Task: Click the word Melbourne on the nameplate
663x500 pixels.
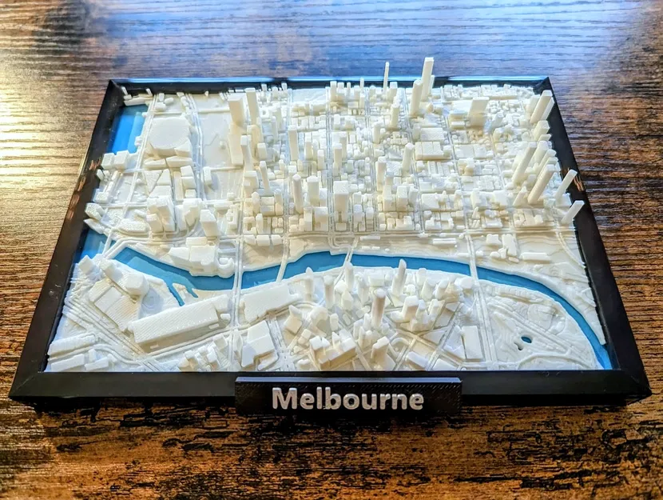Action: (x=347, y=398)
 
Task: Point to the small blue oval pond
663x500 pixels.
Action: (x=526, y=339)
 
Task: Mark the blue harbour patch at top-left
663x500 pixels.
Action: (x=125, y=128)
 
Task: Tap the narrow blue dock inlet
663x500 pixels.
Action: (x=183, y=289)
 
